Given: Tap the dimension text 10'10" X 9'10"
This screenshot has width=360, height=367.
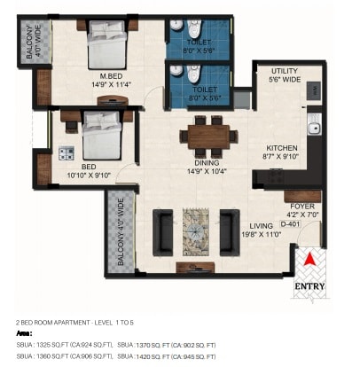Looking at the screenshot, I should point(89,175).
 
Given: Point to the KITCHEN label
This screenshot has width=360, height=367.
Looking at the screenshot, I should point(282,148).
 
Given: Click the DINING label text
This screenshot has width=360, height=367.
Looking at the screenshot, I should point(207,161).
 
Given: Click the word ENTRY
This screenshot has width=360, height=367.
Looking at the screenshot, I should point(310,286).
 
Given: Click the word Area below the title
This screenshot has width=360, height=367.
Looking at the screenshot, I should point(25,332).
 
